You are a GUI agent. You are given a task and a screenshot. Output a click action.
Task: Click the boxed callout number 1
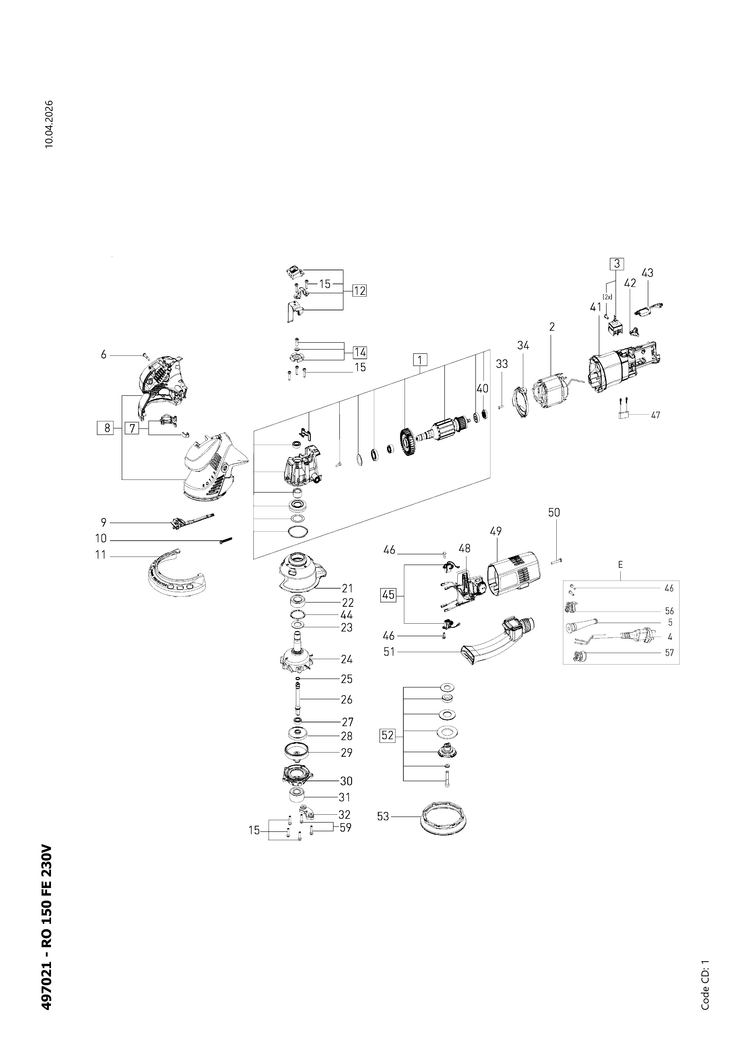420,360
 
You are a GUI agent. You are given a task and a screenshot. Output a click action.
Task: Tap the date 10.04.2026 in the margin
49,124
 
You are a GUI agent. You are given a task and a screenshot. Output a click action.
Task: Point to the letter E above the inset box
620,565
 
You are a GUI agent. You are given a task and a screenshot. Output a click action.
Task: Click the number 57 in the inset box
669,652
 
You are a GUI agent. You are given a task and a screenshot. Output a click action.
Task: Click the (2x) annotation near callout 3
607,297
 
